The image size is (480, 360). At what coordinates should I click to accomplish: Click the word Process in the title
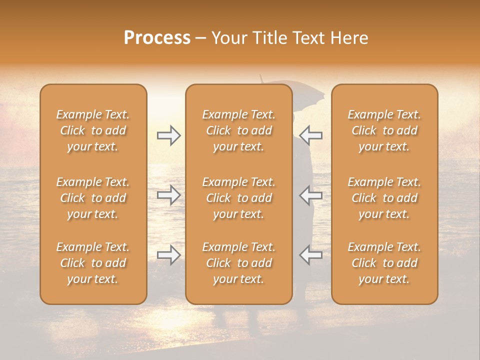click(x=157, y=38)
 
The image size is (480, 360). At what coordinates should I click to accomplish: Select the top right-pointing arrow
click(x=169, y=135)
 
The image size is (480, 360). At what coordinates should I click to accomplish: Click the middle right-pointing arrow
click(x=169, y=195)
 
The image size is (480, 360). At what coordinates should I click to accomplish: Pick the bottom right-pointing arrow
click(x=169, y=255)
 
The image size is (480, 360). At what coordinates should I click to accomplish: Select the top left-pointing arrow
click(x=310, y=135)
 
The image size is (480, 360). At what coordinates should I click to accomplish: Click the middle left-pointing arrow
click(x=310, y=195)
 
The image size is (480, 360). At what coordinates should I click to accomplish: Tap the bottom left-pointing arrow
click(x=310, y=255)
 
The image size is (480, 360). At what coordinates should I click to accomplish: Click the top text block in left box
click(x=93, y=130)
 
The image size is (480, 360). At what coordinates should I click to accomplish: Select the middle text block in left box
click(x=93, y=198)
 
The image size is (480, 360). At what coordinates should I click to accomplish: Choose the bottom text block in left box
click(x=93, y=263)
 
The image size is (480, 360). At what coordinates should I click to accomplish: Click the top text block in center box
click(x=239, y=130)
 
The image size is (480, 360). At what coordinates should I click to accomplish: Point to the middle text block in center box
click(x=239, y=198)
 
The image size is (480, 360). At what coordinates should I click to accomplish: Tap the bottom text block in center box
click(x=239, y=263)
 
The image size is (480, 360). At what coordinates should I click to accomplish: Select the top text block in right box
click(x=384, y=130)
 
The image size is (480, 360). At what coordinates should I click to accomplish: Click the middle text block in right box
click(x=384, y=198)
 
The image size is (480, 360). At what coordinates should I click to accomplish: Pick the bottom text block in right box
click(x=384, y=263)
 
